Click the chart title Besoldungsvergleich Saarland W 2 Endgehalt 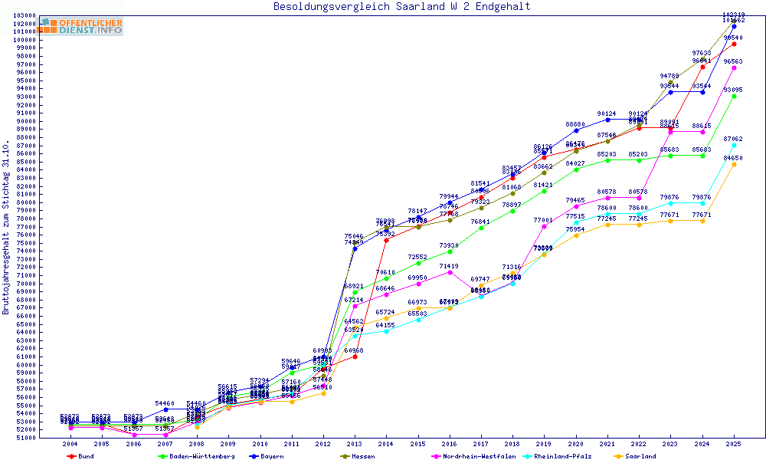(401, 7)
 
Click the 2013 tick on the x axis (355, 444)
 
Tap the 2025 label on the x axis (734, 444)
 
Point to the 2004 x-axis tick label (70, 444)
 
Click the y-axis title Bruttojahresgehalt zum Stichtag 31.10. (6, 227)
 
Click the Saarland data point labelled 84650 (734, 164)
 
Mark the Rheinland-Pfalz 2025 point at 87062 (734, 145)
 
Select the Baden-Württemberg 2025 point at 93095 (734, 96)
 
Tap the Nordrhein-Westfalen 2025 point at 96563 (734, 67)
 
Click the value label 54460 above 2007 (165, 403)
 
